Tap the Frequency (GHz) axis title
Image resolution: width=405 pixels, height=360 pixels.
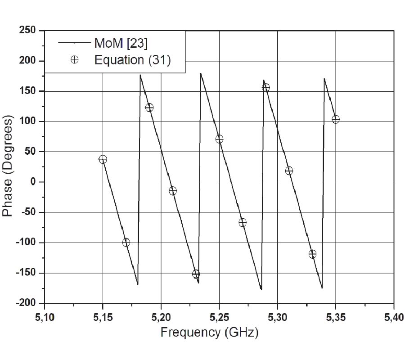pos(209,333)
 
